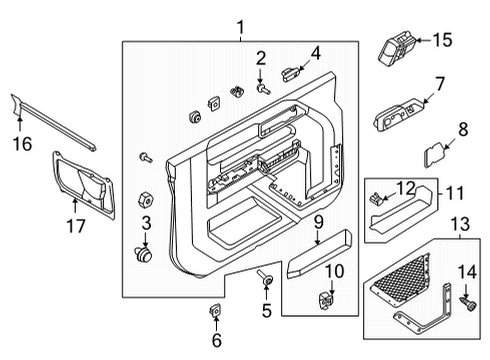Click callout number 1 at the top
[x=239, y=25]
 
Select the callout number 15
[x=441, y=41]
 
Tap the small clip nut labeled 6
[x=216, y=311]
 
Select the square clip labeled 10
[x=326, y=299]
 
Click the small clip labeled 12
[x=378, y=197]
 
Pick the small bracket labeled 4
[x=291, y=71]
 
